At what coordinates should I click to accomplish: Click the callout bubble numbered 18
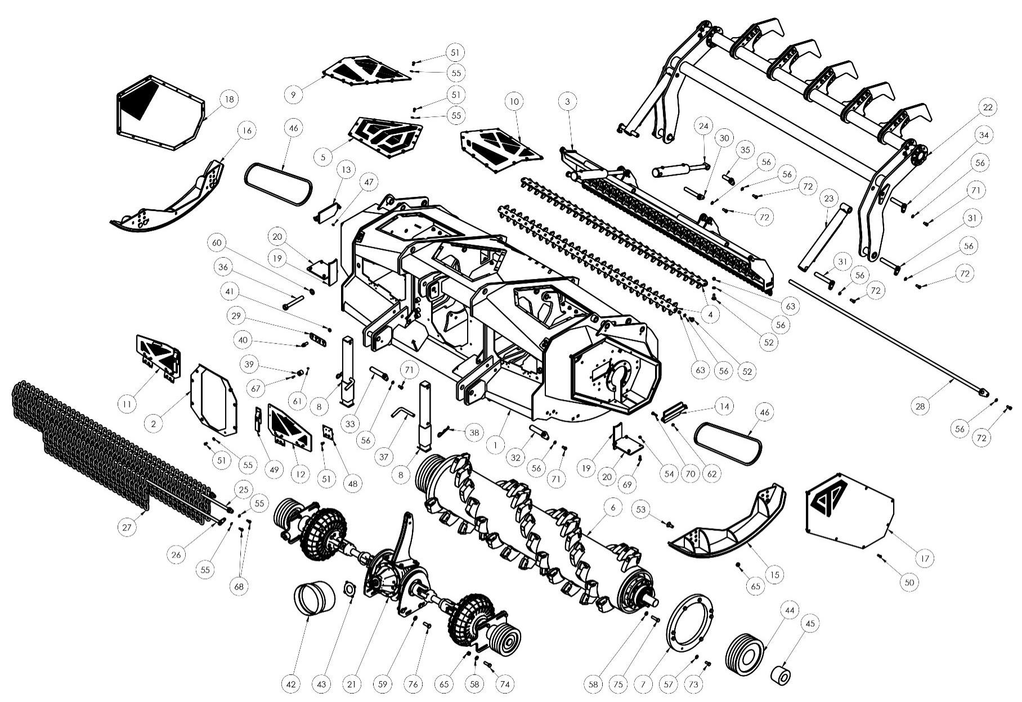point(228,100)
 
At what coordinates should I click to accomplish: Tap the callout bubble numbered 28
point(921,406)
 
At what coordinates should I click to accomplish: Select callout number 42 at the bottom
point(291,684)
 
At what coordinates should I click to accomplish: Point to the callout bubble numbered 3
point(568,102)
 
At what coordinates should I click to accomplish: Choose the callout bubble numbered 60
point(217,243)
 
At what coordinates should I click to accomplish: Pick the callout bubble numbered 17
point(925,559)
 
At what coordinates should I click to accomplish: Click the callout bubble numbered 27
point(127,527)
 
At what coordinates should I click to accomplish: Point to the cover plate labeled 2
point(212,400)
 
